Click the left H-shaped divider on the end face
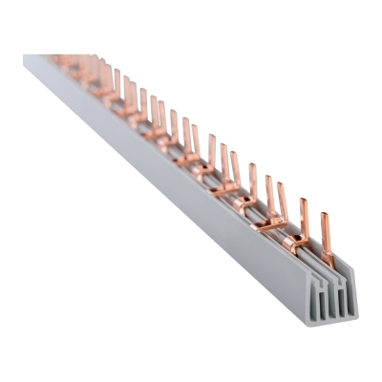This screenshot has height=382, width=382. pos(319,302)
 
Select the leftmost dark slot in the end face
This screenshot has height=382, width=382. pos(312,306)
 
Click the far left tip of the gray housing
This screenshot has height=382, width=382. pos(25,59)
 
